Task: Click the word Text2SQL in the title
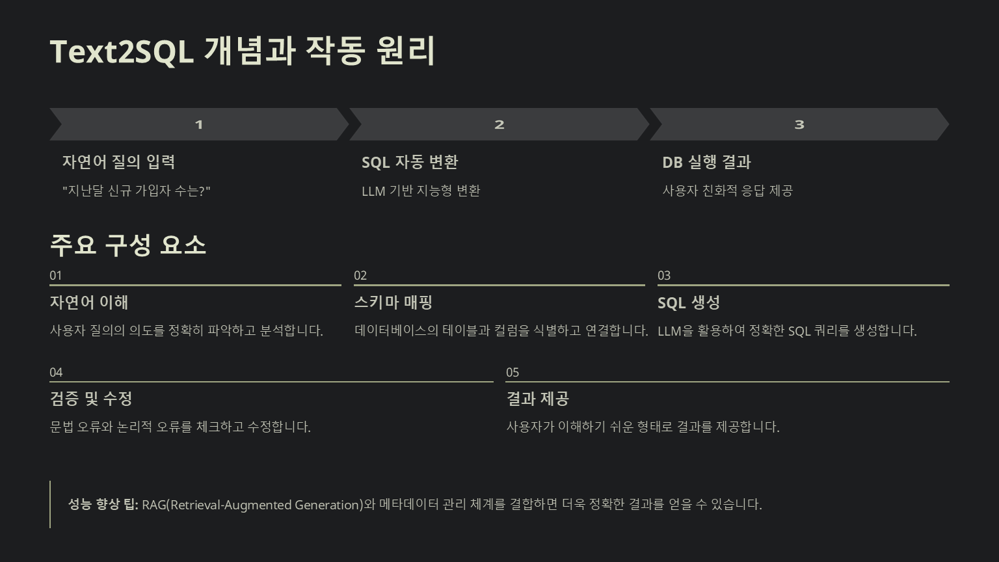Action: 122,51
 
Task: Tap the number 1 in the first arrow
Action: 199,124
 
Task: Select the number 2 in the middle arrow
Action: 499,124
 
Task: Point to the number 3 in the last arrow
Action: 799,124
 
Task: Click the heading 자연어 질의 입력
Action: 118,162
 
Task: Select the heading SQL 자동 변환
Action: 410,162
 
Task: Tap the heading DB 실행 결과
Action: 706,162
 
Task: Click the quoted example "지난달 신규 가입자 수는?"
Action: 137,191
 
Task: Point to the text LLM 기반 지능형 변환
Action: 421,191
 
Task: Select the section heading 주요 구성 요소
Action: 128,245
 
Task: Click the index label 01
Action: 56,276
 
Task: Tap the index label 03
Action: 664,276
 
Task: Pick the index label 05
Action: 513,373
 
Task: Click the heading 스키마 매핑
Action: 393,302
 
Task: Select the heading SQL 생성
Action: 688,303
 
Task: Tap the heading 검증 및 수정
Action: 91,399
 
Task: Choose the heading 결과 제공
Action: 537,399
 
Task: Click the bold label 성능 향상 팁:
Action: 103,505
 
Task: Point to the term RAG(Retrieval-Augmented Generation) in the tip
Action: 252,505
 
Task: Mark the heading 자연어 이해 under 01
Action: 89,302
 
